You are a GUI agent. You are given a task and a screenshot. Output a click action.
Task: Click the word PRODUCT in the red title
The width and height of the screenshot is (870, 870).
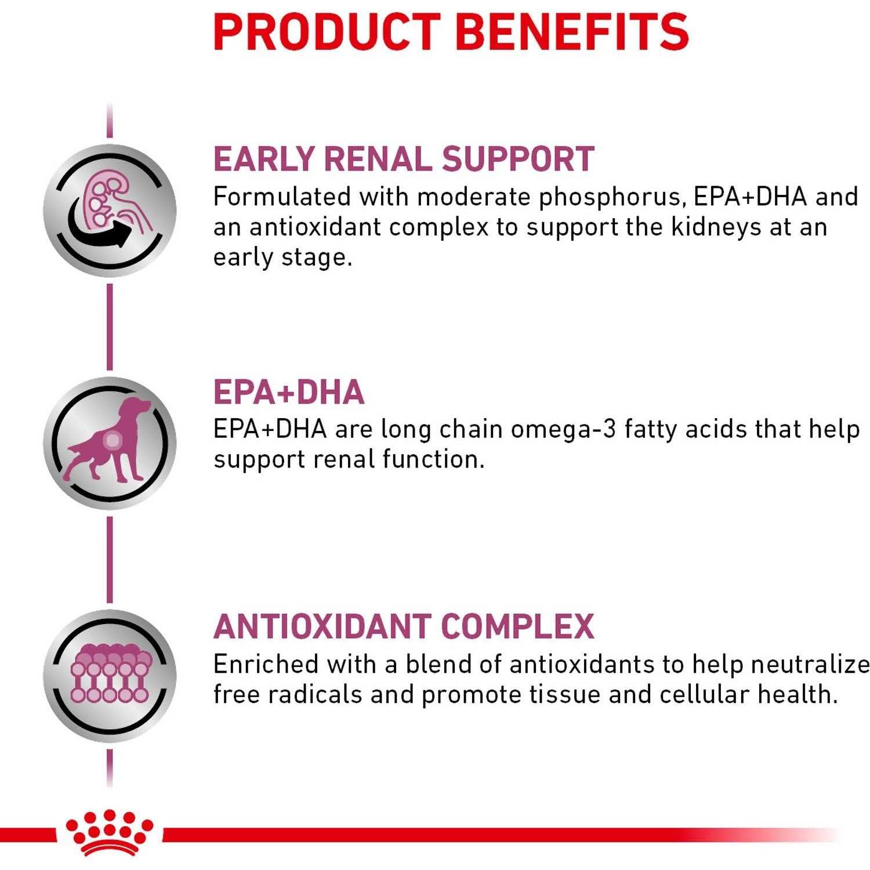point(328,32)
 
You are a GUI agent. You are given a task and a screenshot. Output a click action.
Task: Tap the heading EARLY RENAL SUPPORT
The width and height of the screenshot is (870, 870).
point(404,159)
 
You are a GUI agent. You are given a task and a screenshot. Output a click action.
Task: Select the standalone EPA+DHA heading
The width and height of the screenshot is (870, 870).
point(289,392)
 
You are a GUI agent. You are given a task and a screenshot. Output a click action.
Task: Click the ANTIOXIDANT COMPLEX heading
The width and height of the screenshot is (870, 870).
point(404,626)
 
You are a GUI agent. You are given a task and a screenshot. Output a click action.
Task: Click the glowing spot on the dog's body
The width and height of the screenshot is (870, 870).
point(112,441)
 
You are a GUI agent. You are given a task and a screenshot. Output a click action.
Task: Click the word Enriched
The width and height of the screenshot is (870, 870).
point(266,665)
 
